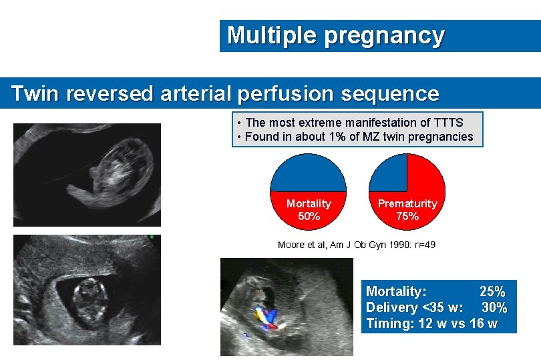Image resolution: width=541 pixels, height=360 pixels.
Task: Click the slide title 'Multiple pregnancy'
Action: coord(335,35)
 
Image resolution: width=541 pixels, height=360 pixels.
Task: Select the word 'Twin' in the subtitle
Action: coord(33,93)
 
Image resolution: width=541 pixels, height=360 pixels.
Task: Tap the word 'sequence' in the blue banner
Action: coord(390,93)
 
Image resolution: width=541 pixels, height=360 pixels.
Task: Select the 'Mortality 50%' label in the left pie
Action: coord(308,209)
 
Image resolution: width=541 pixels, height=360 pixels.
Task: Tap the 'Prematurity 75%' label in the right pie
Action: coord(407,209)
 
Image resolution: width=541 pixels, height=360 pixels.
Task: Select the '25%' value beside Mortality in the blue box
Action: coord(492,291)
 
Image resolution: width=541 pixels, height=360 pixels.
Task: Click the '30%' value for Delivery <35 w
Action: coord(494,307)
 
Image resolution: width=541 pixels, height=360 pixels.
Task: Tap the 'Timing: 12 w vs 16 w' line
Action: coord(431,324)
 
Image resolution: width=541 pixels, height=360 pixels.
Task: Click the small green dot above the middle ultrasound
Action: coord(152,237)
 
